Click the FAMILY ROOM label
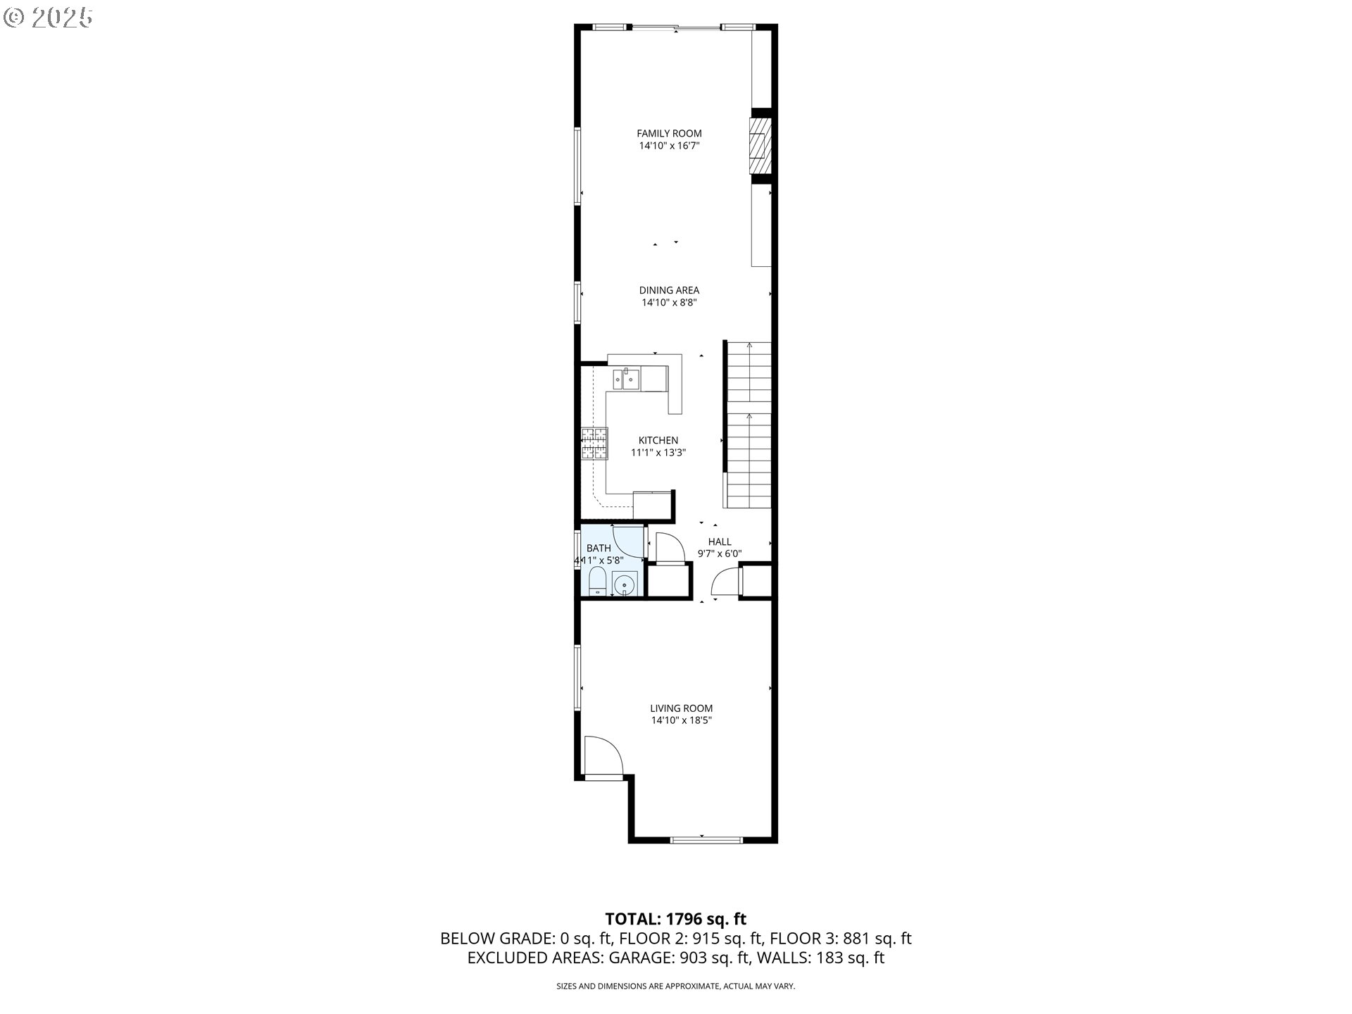(x=669, y=133)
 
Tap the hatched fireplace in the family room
(x=758, y=146)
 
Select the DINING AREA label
(x=669, y=290)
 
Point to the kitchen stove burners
(x=594, y=444)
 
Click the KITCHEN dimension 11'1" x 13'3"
(x=658, y=453)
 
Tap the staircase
(x=749, y=425)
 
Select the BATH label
(x=599, y=548)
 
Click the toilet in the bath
(x=597, y=583)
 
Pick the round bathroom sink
(x=625, y=584)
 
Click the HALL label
(x=719, y=542)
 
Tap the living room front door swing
(x=603, y=755)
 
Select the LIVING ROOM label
(x=681, y=708)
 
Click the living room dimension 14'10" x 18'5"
(x=681, y=720)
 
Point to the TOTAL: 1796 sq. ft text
(x=675, y=919)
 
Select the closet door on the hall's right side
(x=726, y=582)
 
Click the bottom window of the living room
(x=706, y=839)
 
